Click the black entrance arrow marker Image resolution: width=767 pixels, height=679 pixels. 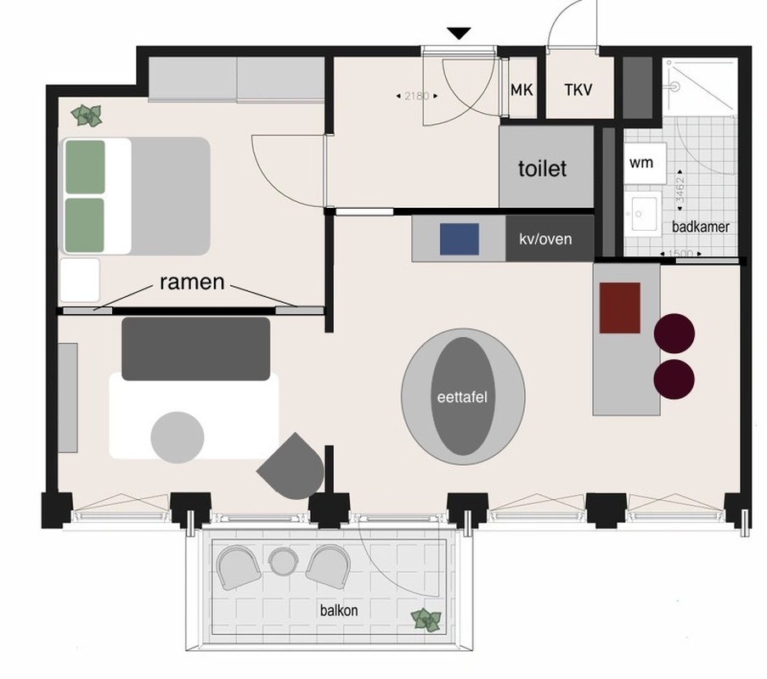(459, 33)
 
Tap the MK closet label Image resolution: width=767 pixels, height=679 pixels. (522, 90)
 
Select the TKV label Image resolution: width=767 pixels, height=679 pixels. (578, 90)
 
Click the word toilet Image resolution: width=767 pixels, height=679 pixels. (542, 169)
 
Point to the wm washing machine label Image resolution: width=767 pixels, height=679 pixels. (640, 162)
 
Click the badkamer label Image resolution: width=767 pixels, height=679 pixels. (701, 227)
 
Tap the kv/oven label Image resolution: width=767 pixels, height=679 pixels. (545, 239)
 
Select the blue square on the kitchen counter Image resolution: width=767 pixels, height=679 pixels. (460, 239)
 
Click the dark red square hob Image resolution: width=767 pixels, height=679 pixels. (620, 308)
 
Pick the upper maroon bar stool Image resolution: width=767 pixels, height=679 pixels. (674, 334)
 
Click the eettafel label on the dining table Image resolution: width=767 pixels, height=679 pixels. (462, 397)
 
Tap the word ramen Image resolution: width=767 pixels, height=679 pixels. (192, 282)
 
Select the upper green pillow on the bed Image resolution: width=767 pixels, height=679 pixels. (85, 167)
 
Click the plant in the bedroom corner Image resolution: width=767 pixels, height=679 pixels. (87, 116)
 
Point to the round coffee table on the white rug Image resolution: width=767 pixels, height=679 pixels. (177, 437)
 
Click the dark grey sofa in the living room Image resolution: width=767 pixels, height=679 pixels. (195, 349)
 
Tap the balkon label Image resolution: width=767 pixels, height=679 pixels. (339, 610)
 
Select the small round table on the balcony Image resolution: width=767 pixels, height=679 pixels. (283, 561)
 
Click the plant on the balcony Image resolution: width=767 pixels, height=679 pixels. (426, 620)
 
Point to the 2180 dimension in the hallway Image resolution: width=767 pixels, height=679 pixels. (417, 96)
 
